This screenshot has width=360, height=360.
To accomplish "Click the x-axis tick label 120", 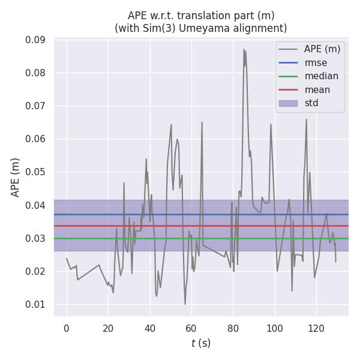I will coord(316,328).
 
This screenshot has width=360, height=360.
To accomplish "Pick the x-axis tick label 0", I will coord(67,328).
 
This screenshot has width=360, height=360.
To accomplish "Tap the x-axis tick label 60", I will coord(191,328).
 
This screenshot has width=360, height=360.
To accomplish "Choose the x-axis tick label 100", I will coord(275,328).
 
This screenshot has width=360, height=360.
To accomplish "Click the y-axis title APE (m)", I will coord(16,177).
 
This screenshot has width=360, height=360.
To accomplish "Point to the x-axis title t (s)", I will coord(201,344).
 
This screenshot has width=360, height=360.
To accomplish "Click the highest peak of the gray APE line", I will coord(244,50).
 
